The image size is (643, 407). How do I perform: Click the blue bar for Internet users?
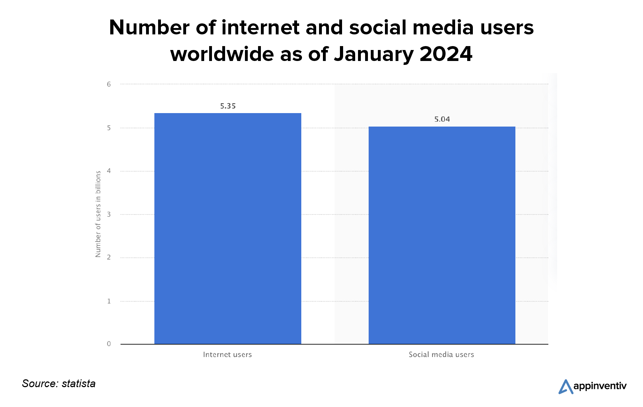(x=228, y=229)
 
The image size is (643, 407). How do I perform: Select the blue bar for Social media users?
(x=442, y=235)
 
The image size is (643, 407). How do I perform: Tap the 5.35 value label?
(x=228, y=106)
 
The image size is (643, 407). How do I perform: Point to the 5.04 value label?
(x=442, y=119)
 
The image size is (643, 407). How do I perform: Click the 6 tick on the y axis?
(x=109, y=84)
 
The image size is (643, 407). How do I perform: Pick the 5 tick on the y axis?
(x=109, y=128)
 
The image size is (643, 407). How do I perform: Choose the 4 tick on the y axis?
(x=109, y=171)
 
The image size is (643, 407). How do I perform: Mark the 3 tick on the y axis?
(x=109, y=214)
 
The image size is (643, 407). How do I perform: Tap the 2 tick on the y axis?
(x=109, y=257)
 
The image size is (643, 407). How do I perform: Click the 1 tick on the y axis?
(x=109, y=301)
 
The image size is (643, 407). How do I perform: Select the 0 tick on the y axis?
(x=109, y=344)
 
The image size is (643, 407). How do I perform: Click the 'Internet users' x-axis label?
(x=227, y=355)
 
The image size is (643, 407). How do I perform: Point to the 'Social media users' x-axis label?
(x=441, y=355)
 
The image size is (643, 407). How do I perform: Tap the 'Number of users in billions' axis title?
(x=98, y=214)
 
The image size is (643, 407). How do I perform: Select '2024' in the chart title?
(x=446, y=54)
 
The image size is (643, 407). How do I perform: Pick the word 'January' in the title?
(x=374, y=55)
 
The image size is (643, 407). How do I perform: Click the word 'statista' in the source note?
(x=78, y=384)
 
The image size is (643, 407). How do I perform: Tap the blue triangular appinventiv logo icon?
(x=565, y=386)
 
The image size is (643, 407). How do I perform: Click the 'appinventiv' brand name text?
(x=600, y=386)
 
